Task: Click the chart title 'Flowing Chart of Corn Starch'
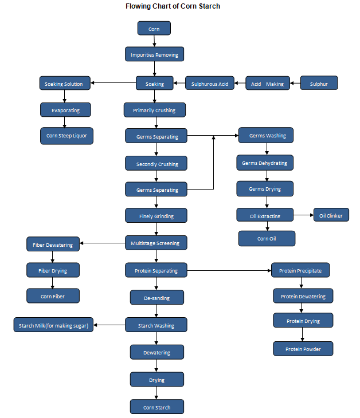[x=173, y=6]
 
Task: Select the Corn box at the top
[x=154, y=29]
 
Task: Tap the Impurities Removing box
[x=154, y=55]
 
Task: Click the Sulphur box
[x=319, y=84]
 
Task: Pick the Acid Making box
[x=267, y=84]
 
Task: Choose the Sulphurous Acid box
[x=210, y=84]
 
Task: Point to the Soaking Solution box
[x=64, y=84]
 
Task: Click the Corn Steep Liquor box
[x=66, y=136]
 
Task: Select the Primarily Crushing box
[x=154, y=110]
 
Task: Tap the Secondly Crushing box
[x=156, y=164]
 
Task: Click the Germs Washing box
[x=267, y=136]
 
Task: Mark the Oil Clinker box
[x=331, y=215]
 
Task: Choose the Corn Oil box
[x=267, y=238]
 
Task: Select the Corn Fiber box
[x=53, y=295]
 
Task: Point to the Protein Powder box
[x=303, y=349]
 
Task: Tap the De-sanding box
[x=156, y=298]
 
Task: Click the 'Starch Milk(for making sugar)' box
[x=53, y=325]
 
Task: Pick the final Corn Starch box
[x=156, y=407]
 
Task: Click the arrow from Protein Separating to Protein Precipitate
[x=229, y=270]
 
